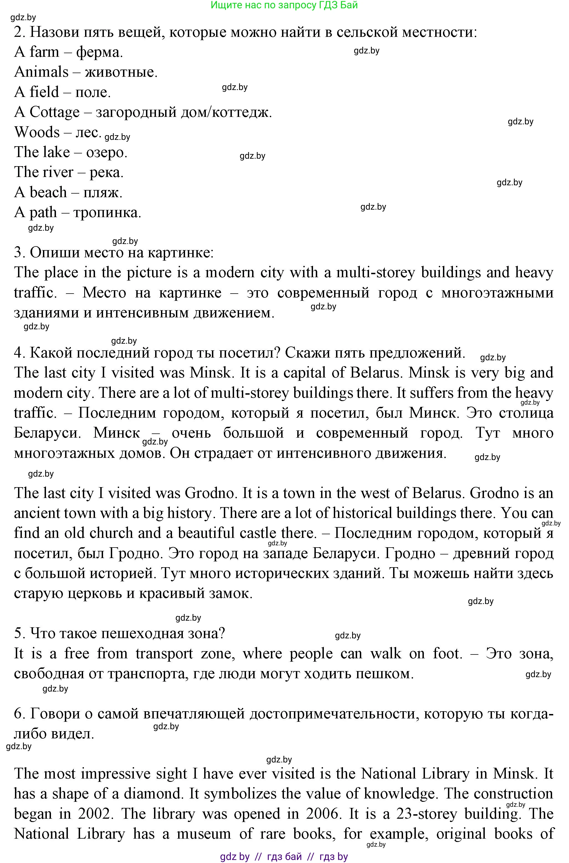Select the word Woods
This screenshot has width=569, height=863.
pyautogui.click(x=37, y=132)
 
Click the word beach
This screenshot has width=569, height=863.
pyautogui.click(x=48, y=192)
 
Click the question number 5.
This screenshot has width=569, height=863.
pyautogui.click(x=19, y=633)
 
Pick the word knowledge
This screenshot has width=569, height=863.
pyautogui.click(x=399, y=794)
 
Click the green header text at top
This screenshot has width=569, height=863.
pyautogui.click(x=284, y=5)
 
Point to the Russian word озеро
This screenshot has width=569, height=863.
pyautogui.click(x=106, y=152)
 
